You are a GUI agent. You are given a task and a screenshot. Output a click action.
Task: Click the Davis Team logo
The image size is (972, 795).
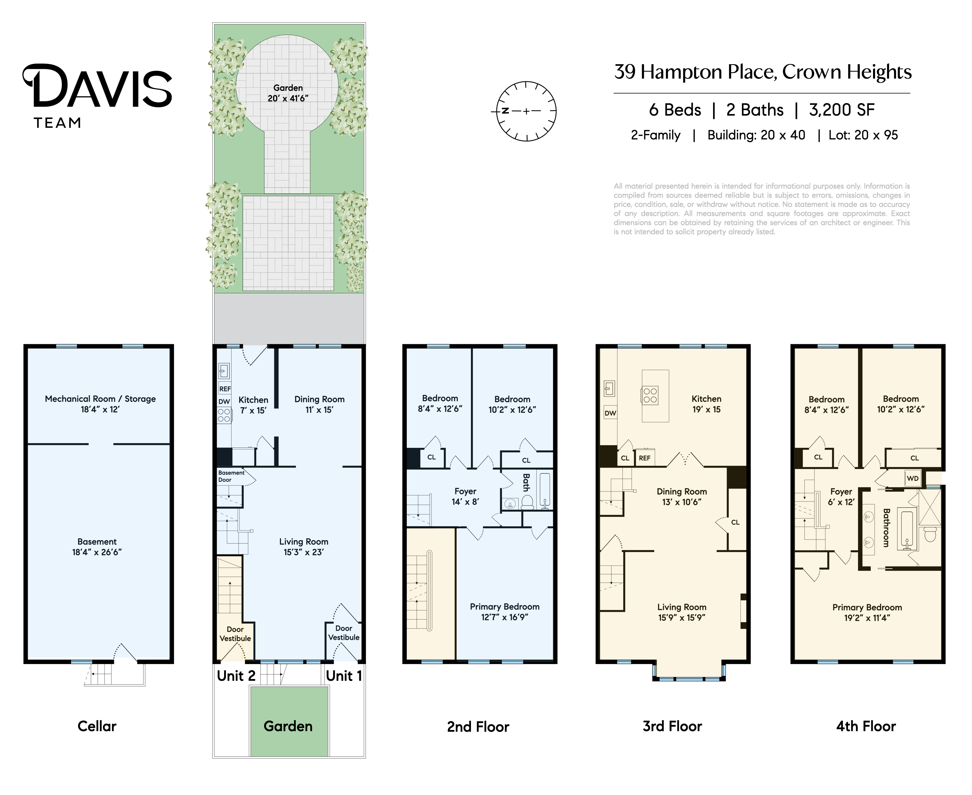tap(97, 96)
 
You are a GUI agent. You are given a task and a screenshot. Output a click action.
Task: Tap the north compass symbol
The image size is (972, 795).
tap(526, 111)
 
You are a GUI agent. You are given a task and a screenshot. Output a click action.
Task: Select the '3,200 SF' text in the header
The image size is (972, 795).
tap(842, 110)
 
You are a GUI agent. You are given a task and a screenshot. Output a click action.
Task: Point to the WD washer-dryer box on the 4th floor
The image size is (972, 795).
tap(913, 478)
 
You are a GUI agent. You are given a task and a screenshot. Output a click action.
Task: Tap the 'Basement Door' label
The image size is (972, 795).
tap(231, 476)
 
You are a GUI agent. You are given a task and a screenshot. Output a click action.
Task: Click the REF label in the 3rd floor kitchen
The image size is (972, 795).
tap(644, 458)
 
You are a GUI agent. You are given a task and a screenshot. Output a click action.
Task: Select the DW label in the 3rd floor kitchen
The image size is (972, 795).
tap(610, 413)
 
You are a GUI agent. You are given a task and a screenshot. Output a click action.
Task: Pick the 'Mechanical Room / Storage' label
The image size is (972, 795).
tap(100, 399)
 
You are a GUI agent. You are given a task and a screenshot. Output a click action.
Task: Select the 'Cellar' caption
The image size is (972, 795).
tap(97, 726)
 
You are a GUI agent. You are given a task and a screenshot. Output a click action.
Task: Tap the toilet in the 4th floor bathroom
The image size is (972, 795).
tap(930, 534)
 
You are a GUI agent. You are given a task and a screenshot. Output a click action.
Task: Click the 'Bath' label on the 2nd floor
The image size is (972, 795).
tap(526, 482)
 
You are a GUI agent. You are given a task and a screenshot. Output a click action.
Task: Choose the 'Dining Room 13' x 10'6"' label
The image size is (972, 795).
tap(682, 497)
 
